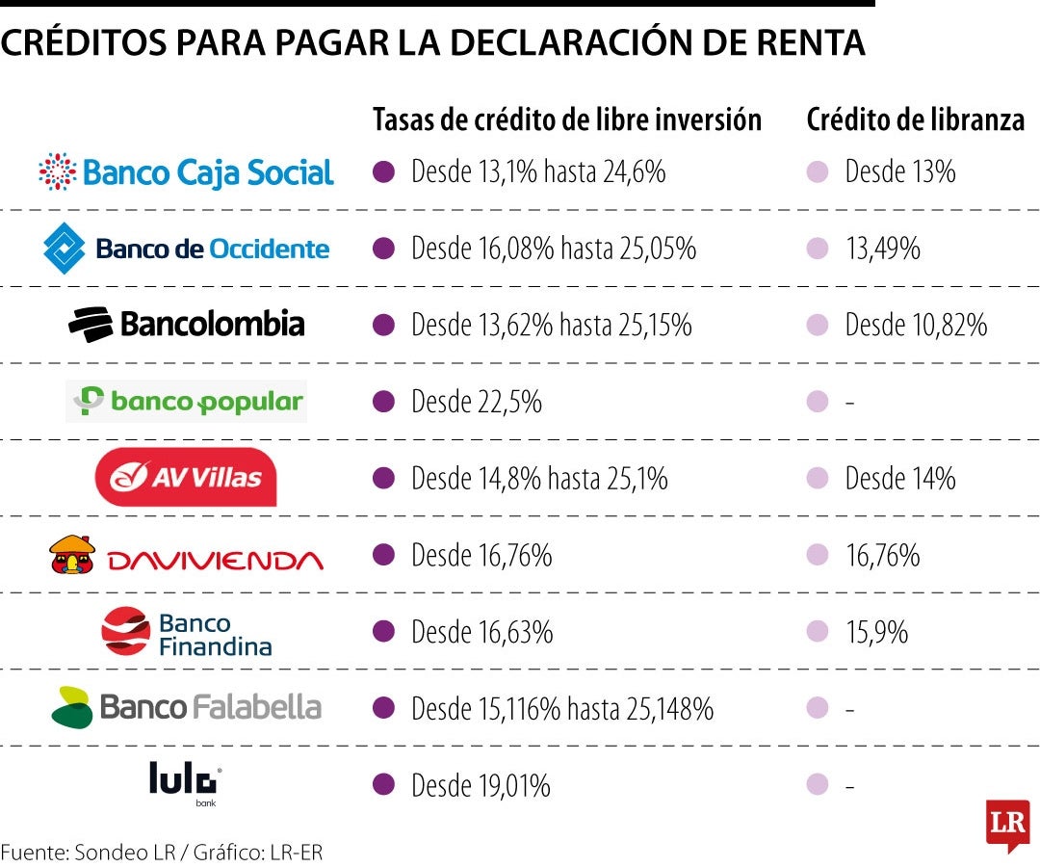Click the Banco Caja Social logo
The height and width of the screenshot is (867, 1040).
(x=186, y=172)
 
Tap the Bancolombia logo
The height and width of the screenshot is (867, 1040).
(x=186, y=324)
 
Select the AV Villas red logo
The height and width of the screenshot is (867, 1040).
(x=186, y=477)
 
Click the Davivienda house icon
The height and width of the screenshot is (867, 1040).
(x=72, y=555)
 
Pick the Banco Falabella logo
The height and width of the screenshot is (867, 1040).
(x=186, y=708)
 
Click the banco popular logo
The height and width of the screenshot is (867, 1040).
(x=186, y=402)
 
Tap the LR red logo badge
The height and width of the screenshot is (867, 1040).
(x=1007, y=825)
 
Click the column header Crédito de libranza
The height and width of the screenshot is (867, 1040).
(x=915, y=119)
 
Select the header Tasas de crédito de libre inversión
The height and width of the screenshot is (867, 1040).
(x=567, y=119)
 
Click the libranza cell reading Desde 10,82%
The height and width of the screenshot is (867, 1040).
(x=916, y=326)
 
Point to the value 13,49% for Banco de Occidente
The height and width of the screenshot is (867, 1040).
(x=882, y=249)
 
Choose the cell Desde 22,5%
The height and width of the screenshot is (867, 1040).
(x=476, y=402)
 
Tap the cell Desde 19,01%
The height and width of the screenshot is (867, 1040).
(x=481, y=786)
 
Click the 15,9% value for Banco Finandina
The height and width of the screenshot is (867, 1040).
(x=876, y=632)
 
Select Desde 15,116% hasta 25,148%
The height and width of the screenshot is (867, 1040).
(x=562, y=709)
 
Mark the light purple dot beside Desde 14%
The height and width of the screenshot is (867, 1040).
(x=818, y=479)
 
